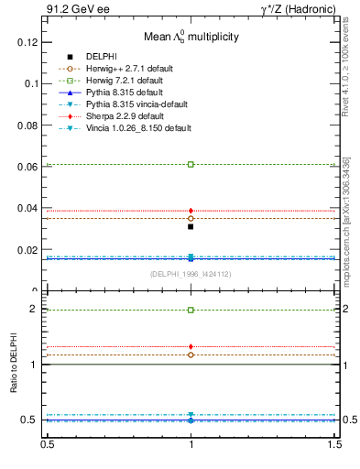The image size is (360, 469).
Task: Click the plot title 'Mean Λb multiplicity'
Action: (x=191, y=38)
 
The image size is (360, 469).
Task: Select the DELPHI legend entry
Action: (x=101, y=57)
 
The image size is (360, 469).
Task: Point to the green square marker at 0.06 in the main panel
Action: (x=191, y=164)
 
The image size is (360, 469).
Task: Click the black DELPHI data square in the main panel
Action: (x=191, y=226)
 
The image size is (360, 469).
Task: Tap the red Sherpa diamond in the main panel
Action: (x=191, y=211)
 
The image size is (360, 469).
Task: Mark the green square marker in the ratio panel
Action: (x=191, y=310)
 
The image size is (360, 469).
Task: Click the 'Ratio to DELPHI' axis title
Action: (x=14, y=363)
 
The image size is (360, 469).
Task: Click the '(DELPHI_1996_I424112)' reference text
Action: (x=190, y=274)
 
